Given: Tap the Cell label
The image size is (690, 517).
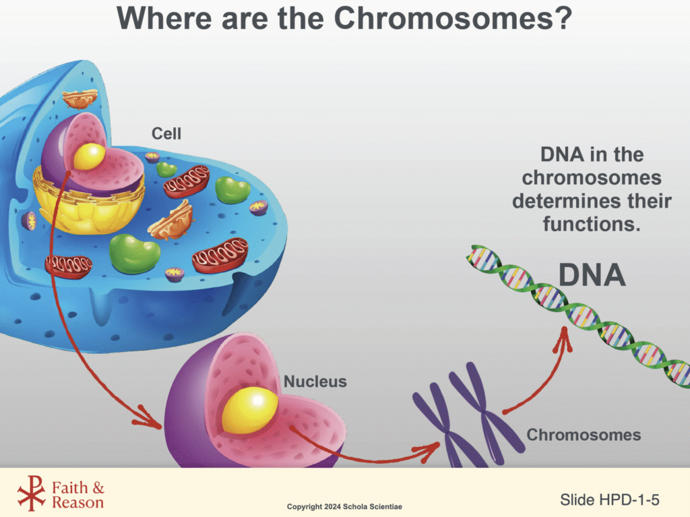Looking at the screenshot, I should (x=166, y=133).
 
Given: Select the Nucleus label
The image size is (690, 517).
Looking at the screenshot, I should (x=315, y=382).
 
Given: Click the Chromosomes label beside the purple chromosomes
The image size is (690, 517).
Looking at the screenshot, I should (x=584, y=435).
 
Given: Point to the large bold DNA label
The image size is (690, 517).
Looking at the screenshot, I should (x=592, y=276).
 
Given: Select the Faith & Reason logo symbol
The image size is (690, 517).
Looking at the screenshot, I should (x=31, y=493).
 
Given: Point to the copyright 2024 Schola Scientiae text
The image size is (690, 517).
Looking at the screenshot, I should (x=345, y=506).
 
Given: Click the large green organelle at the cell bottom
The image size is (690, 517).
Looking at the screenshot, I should (x=135, y=253).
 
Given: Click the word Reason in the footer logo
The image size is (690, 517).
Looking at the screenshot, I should (x=78, y=502).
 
